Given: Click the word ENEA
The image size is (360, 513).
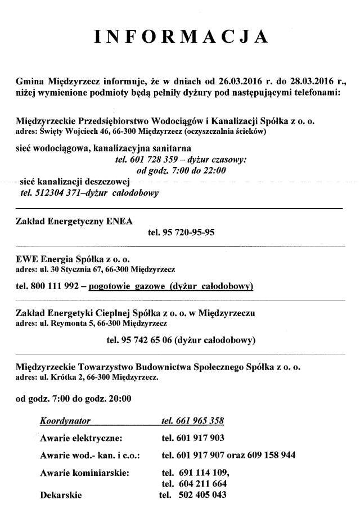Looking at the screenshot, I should point(119,222).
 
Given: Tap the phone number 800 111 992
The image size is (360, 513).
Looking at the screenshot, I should point(51,287).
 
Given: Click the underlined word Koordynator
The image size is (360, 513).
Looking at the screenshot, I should point(65,420).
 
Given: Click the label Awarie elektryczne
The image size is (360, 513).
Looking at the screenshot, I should point(81,438).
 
